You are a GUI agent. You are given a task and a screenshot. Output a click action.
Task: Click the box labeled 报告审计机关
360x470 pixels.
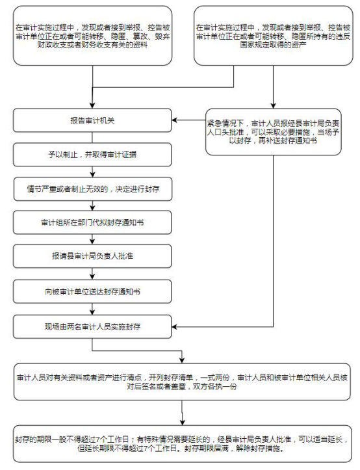click(92, 120)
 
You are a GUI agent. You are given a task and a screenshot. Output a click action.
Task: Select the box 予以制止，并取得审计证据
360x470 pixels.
click(92, 155)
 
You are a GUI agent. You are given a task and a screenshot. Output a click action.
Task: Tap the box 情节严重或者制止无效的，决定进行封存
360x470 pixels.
click(93, 189)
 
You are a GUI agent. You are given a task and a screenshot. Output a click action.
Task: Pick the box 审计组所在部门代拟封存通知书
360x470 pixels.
click(92, 222)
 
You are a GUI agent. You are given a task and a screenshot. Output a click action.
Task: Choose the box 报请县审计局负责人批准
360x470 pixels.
click(92, 256)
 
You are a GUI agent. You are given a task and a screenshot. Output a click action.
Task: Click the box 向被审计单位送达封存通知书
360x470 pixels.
click(92, 291)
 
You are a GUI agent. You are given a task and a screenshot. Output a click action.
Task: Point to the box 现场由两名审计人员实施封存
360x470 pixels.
click(92, 326)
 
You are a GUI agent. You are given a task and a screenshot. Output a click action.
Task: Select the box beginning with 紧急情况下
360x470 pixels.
click(274, 132)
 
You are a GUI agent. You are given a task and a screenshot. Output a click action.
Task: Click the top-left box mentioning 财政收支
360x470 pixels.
click(93, 36)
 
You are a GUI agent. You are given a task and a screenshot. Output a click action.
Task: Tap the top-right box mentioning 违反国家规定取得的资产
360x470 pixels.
click(274, 36)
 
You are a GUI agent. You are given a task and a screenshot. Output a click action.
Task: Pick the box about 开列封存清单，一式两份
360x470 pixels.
click(182, 382)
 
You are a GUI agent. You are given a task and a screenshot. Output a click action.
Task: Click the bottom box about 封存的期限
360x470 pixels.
click(182, 444)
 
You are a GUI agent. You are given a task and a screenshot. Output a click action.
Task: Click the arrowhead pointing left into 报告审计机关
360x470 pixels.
click(175, 120)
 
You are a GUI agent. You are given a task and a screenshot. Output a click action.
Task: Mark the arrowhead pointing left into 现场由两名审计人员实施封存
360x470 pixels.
click(175, 326)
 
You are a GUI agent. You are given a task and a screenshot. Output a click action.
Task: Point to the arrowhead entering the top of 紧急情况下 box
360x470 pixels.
click(274, 105)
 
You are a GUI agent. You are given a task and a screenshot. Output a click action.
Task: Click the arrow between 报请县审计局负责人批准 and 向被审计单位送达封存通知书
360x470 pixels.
click(92, 274)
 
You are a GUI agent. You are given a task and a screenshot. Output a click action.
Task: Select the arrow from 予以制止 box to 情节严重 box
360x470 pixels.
click(92, 172)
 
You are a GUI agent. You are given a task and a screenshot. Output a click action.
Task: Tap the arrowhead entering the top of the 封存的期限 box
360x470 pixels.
click(182, 422)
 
